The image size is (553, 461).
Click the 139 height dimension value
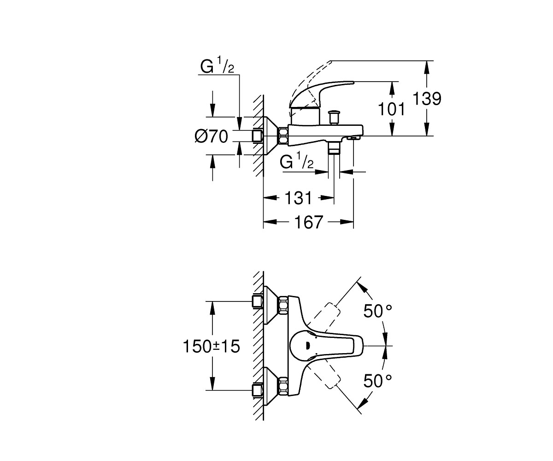coord(427,99)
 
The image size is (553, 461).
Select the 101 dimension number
coord(391,109)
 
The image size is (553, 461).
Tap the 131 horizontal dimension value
coord(299,198)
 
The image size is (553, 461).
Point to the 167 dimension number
coord(309,222)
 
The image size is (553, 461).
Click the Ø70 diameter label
coord(211,136)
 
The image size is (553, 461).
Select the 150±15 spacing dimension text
coord(212,346)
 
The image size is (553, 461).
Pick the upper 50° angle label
coord(377,311)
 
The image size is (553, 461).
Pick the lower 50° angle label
coord(377,381)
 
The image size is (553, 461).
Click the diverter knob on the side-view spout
coord(333,117)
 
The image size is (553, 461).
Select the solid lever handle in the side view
coord(321,95)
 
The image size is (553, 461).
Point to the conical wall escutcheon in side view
coord(270,136)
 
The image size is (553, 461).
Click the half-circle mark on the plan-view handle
coord(308,345)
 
